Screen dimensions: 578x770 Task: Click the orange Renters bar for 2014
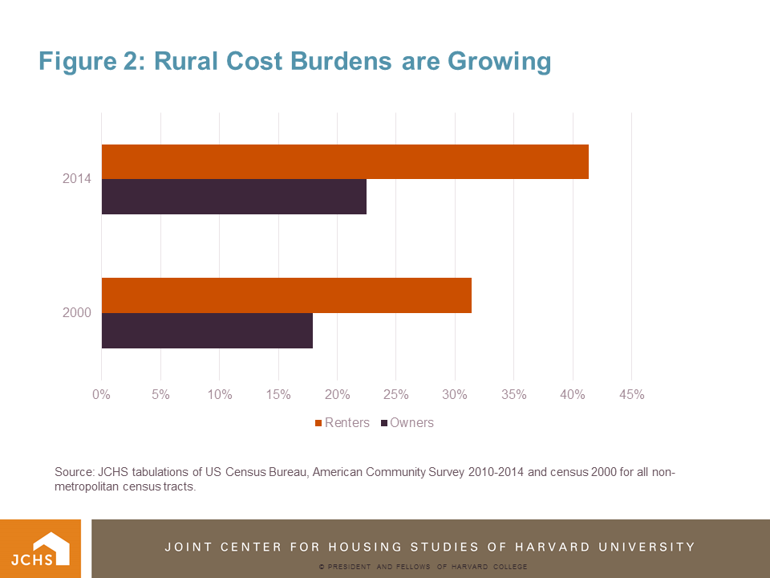[345, 161]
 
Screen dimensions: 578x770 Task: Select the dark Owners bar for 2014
[234, 197]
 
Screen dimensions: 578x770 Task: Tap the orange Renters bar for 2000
[286, 295]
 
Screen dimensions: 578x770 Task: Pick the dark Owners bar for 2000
[207, 330]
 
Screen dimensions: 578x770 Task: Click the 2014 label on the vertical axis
[77, 179]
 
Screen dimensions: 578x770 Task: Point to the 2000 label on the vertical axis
[77, 312]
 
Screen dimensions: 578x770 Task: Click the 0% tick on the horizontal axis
[102, 394]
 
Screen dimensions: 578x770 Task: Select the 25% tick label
[396, 394]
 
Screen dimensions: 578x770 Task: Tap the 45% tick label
[632, 394]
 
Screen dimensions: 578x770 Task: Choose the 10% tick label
[219, 394]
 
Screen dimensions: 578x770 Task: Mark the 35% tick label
[514, 394]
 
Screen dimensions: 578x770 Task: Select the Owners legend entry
[407, 422]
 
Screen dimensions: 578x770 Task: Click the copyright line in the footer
[422, 567]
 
